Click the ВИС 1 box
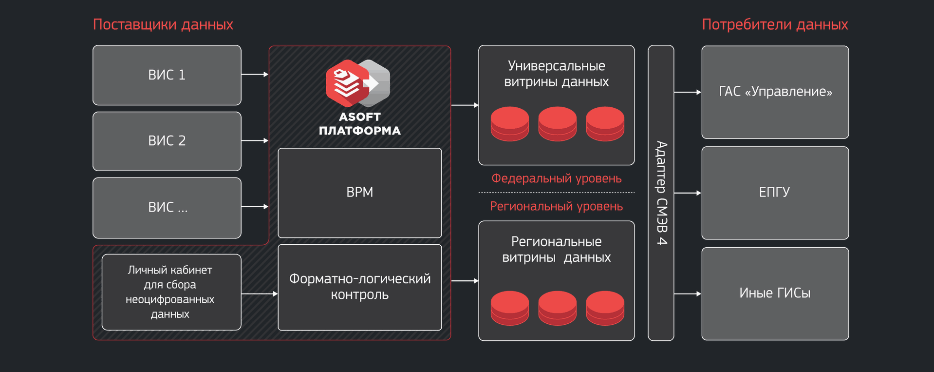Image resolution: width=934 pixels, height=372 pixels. tap(167, 75)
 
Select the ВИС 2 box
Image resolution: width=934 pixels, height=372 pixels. tap(167, 141)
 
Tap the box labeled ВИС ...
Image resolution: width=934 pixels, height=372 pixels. tap(167, 208)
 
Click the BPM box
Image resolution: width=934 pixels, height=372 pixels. tap(359, 193)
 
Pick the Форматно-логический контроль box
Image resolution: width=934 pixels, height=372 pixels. tap(359, 287)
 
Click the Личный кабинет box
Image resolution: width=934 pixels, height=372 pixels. tap(171, 292)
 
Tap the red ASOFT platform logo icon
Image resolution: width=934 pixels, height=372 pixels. tap(347, 83)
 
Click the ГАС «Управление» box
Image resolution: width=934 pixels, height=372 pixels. tap(775, 92)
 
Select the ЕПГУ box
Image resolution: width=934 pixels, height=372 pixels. tap(775, 193)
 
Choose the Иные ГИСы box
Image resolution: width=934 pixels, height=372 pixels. tap(775, 294)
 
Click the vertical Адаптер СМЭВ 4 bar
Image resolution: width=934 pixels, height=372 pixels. tap(661, 193)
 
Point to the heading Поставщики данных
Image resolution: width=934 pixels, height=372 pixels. tap(163, 24)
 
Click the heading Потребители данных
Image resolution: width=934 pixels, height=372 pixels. tap(774, 24)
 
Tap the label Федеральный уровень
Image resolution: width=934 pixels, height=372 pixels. tap(556, 178)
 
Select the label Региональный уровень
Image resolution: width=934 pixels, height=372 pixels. tap(556, 206)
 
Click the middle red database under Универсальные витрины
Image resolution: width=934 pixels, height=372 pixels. tap(557, 124)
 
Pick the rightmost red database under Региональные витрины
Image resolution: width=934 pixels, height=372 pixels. tap(605, 308)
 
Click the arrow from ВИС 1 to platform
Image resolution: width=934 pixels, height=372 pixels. tap(255, 75)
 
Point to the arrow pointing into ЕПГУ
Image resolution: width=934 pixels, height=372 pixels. tap(688, 193)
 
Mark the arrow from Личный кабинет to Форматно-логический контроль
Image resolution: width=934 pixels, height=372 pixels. tap(259, 294)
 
